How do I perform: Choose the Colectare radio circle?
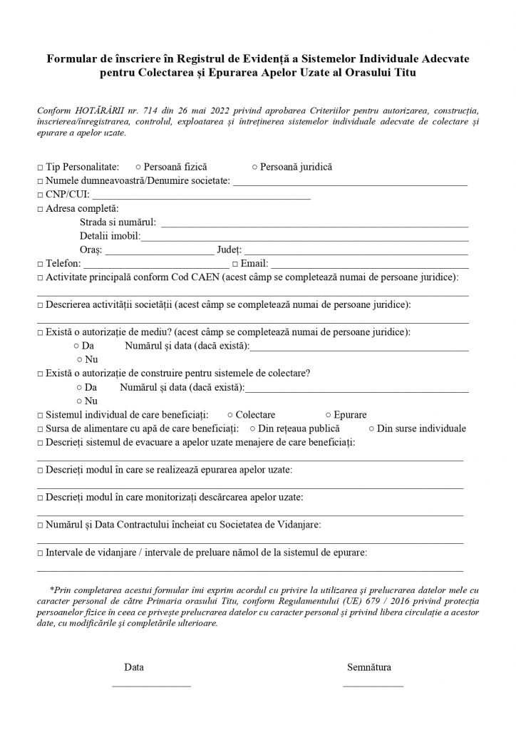coord(229,415)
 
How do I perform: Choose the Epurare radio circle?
coord(327,415)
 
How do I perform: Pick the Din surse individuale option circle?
coord(371,428)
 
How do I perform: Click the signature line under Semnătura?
coord(373,685)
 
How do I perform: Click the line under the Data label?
coord(152,685)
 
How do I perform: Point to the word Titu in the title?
coord(403,73)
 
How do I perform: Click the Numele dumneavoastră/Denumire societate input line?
coord(351,183)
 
